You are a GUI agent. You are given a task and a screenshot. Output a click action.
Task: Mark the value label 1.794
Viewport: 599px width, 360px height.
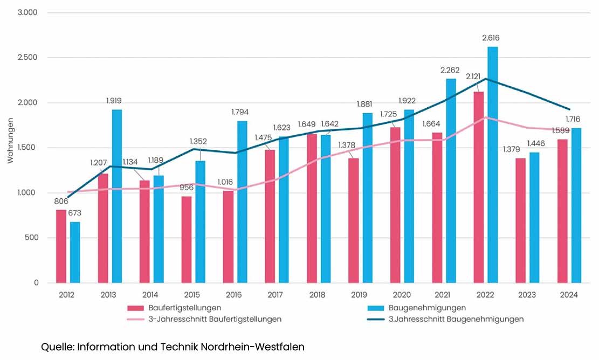pyautogui.click(x=242, y=112)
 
